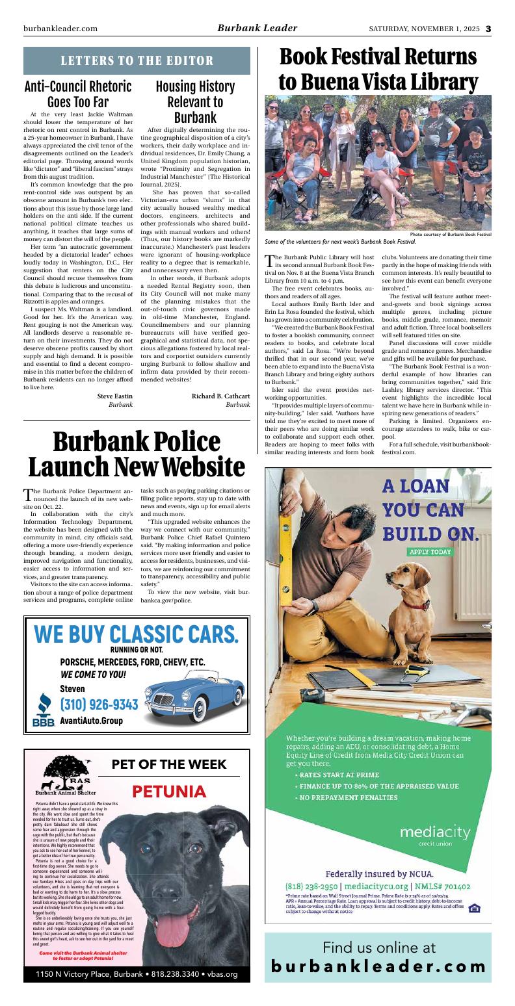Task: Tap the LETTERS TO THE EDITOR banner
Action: (x=137, y=61)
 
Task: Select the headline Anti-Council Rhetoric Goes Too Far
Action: (x=78, y=95)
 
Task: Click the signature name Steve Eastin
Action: (x=115, y=396)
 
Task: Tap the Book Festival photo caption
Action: (x=345, y=242)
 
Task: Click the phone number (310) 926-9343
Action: (x=99, y=705)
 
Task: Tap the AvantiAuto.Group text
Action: (x=91, y=721)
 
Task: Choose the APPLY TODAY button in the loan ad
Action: (x=430, y=552)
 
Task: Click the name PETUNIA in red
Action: (x=168, y=792)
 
